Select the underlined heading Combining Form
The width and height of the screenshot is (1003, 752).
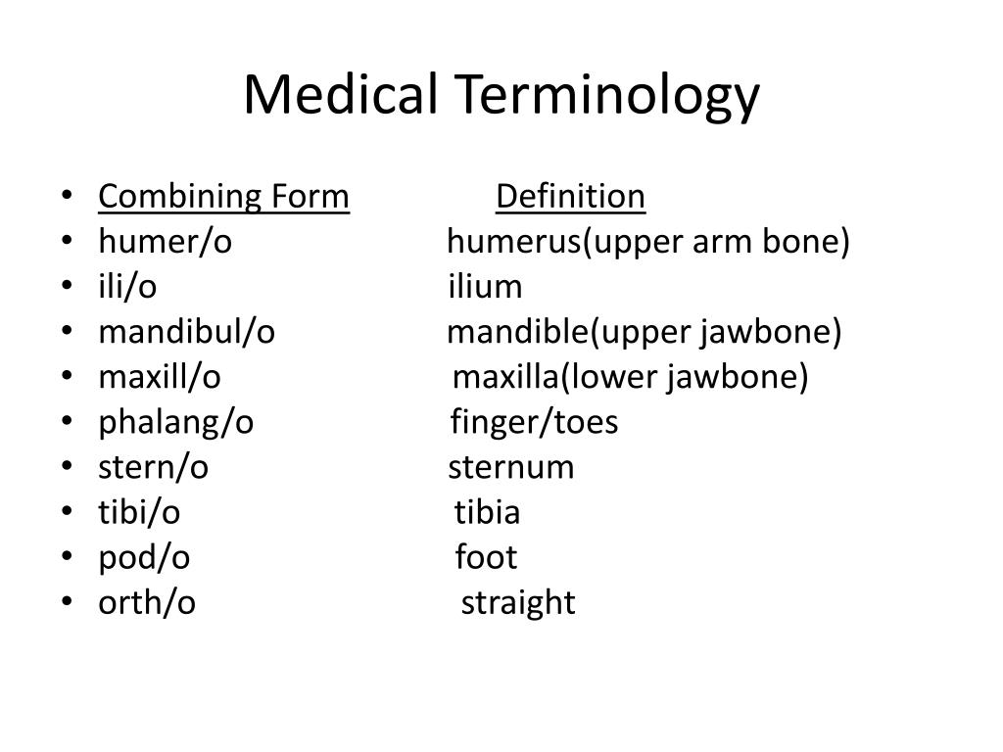click(223, 197)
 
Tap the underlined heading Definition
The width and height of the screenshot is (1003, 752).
click(570, 197)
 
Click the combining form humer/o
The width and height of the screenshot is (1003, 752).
click(165, 242)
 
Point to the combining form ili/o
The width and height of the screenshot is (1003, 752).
click(127, 287)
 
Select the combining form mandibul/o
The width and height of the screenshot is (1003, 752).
click(186, 332)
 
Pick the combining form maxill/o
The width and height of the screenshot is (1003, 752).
click(160, 377)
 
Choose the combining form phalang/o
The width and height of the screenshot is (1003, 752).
click(175, 422)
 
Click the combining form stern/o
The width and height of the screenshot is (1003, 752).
click(153, 467)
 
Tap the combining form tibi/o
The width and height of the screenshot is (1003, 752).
click(139, 512)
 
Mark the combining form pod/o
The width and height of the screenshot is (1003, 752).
click(144, 557)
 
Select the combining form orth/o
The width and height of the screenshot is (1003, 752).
click(147, 602)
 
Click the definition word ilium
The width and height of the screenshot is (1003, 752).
click(485, 287)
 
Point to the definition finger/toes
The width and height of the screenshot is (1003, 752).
click(534, 422)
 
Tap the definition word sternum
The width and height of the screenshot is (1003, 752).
click(511, 467)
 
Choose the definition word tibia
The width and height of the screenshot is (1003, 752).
click(487, 512)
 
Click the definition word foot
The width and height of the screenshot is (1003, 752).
click(486, 557)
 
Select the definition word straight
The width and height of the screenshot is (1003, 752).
click(518, 603)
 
